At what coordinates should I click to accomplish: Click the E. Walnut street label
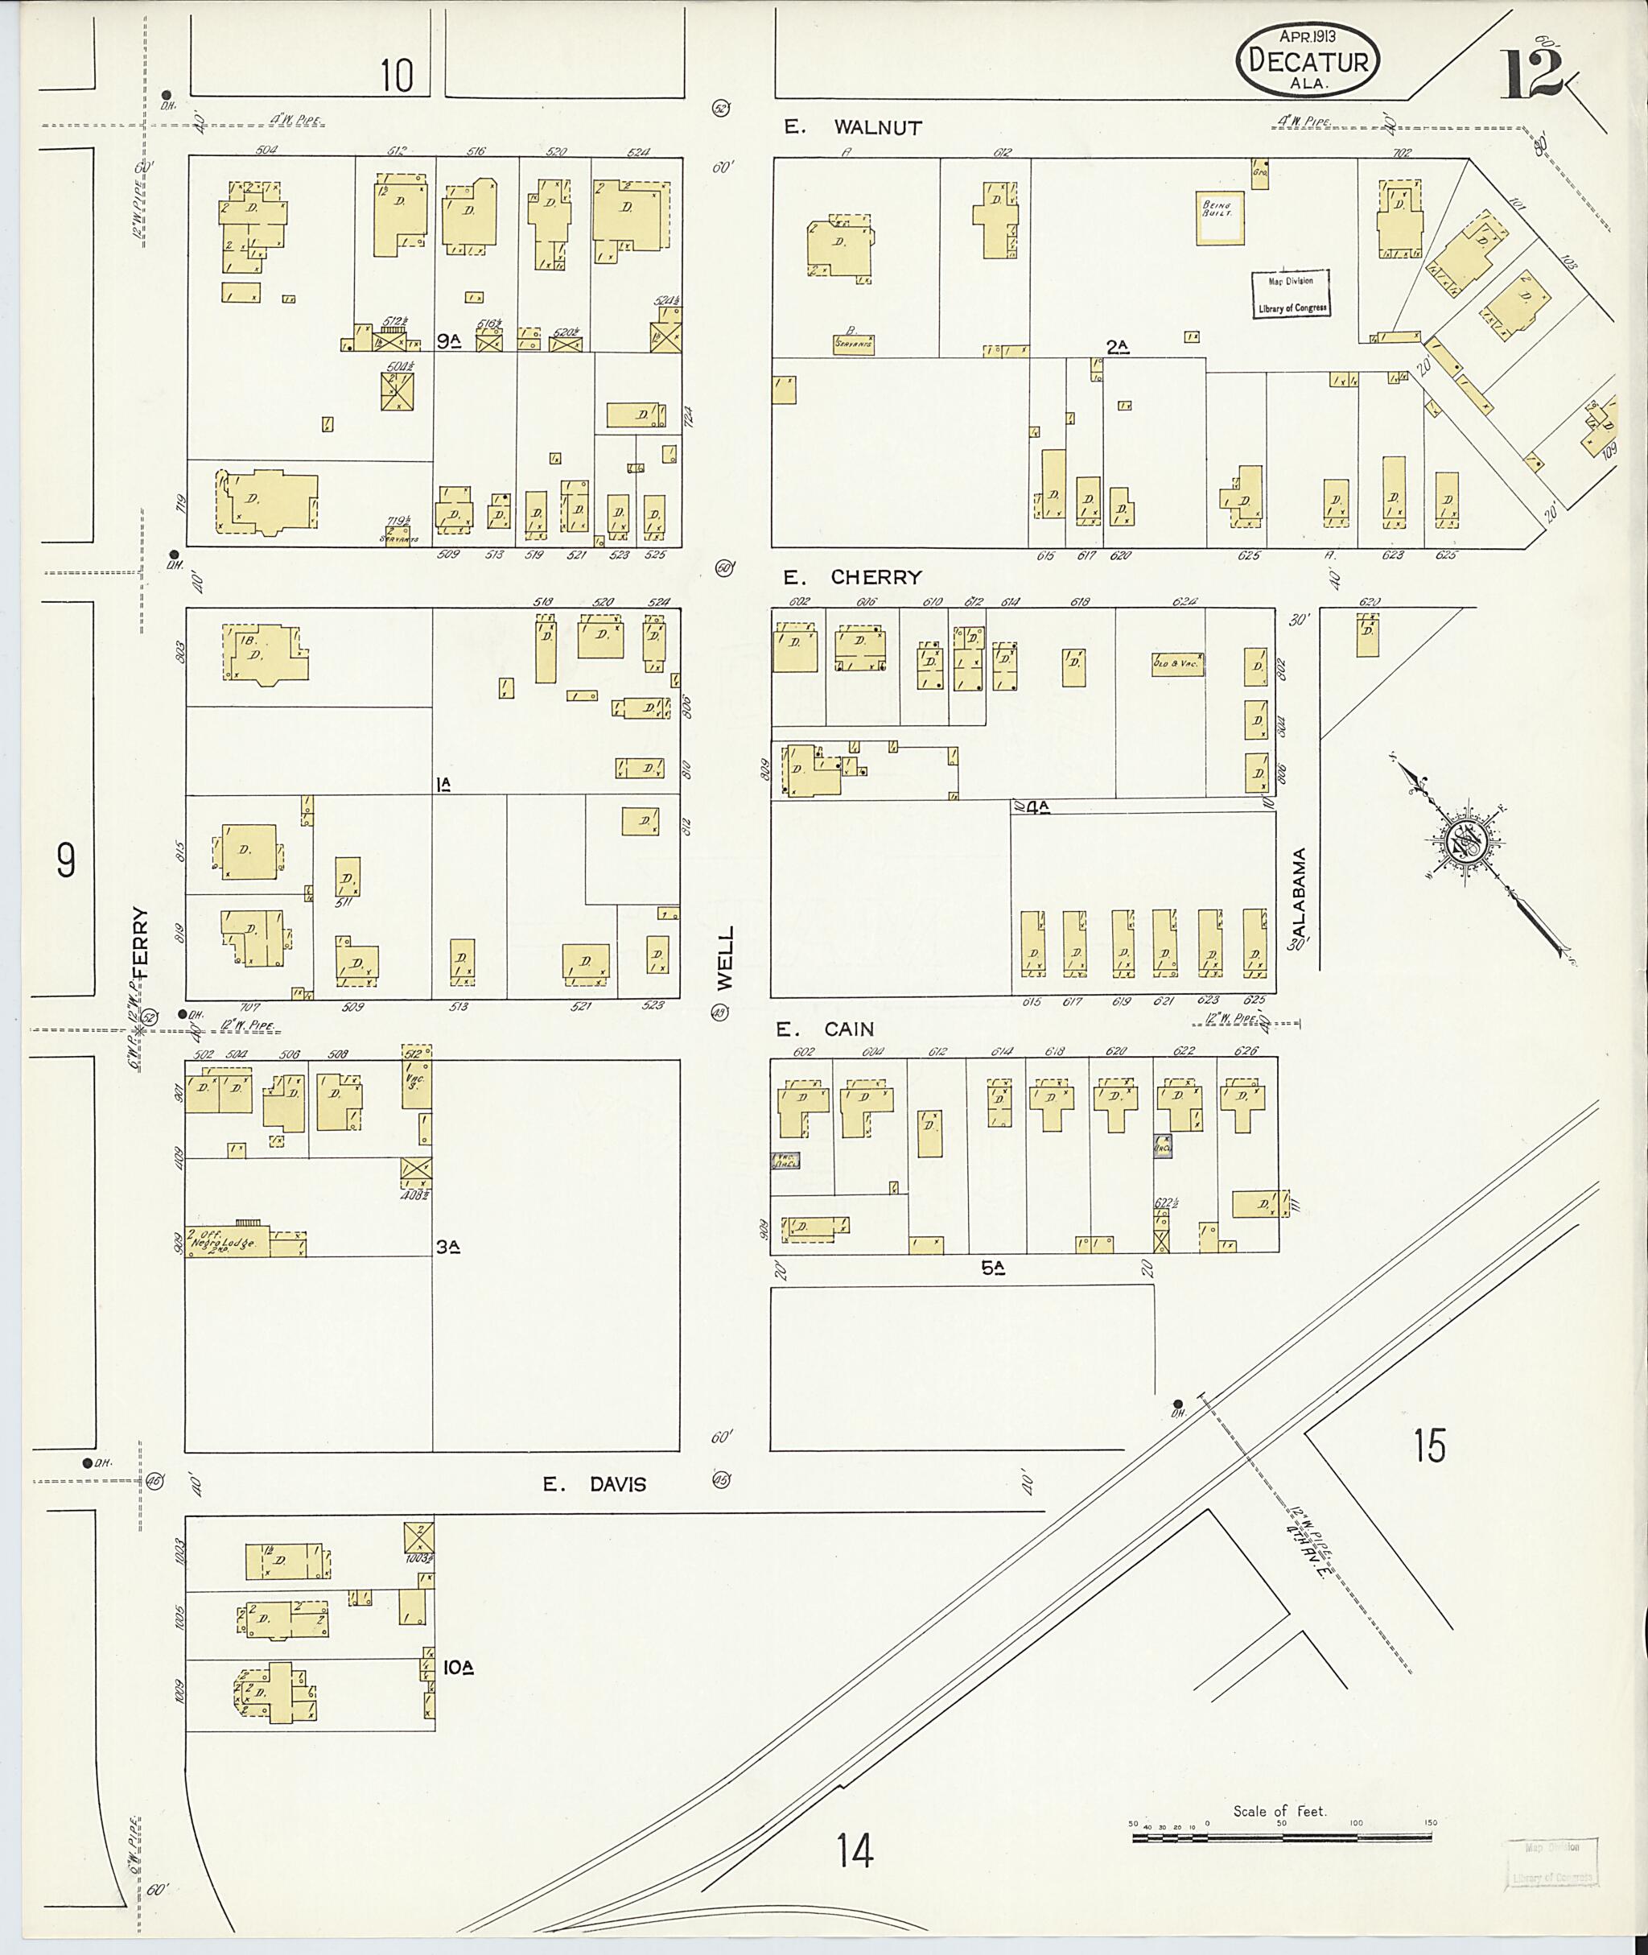tap(852, 128)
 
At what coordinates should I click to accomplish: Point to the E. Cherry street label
tap(852, 578)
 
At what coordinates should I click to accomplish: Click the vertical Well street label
tap(726, 958)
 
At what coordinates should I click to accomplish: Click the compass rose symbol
tap(1463, 843)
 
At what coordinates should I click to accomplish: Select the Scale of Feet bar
tap(1281, 1838)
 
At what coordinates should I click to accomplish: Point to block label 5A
tap(991, 1268)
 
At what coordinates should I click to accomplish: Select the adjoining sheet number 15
tap(1429, 1446)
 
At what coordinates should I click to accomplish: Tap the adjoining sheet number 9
tap(65, 860)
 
